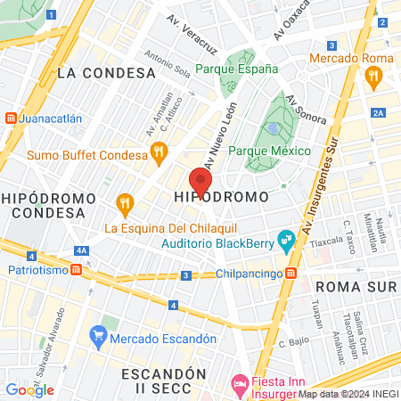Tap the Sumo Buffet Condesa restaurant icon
159,152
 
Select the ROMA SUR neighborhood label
355,286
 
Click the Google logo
29,389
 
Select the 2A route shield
378,112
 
